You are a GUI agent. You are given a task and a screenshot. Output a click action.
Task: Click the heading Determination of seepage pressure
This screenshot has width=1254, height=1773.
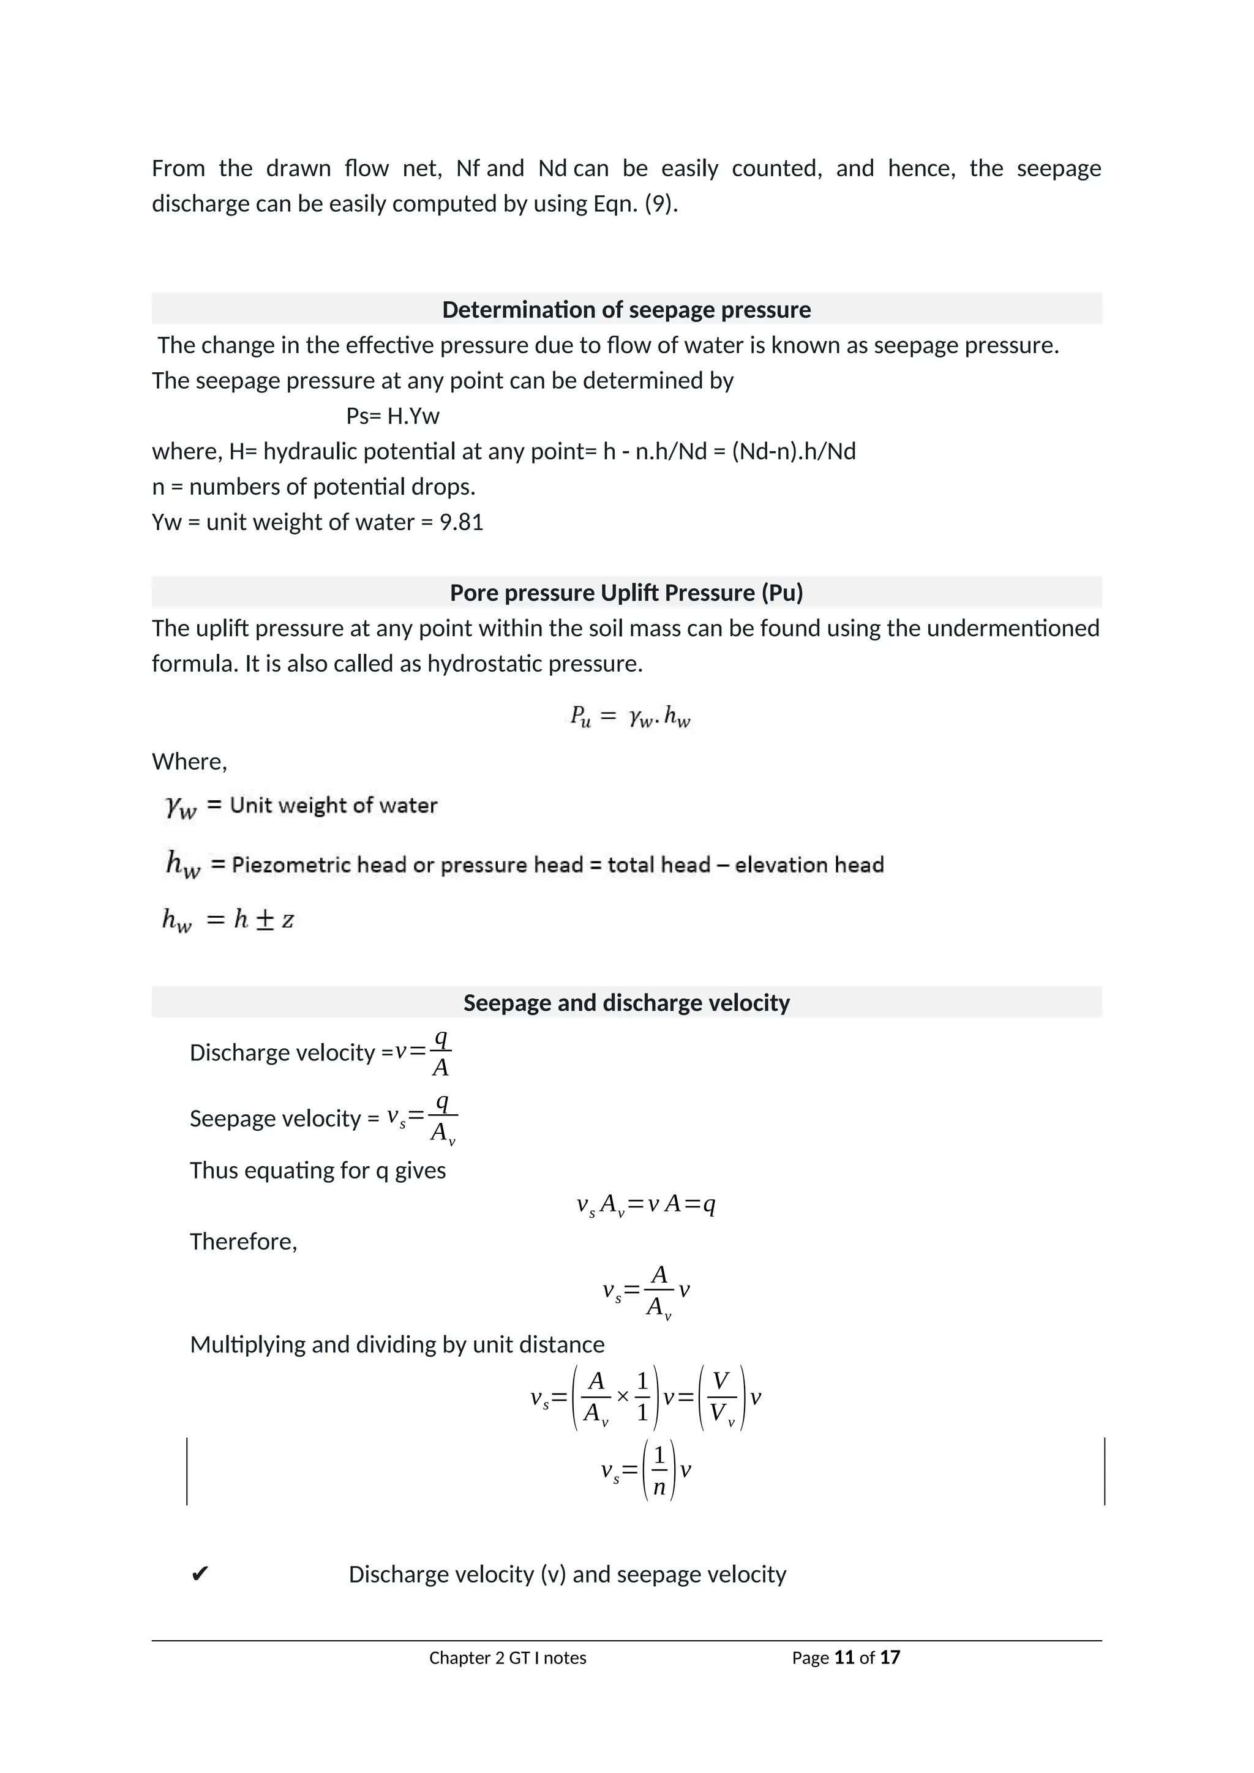pyautogui.click(x=626, y=310)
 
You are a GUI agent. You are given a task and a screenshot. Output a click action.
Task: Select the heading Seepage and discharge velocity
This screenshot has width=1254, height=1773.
pyautogui.click(x=626, y=1002)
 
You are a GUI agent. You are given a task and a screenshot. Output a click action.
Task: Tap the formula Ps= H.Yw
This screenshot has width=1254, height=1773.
pyautogui.click(x=392, y=416)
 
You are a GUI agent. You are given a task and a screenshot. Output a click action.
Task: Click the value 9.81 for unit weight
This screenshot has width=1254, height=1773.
pyautogui.click(x=461, y=522)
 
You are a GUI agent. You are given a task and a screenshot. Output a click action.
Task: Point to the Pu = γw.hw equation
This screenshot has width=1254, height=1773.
pyautogui.click(x=629, y=718)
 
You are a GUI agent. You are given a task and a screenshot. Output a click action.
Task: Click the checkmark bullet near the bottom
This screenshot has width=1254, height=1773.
pyautogui.click(x=198, y=1574)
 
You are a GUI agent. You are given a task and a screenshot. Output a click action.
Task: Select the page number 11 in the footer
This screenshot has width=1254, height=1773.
pyautogui.click(x=844, y=1657)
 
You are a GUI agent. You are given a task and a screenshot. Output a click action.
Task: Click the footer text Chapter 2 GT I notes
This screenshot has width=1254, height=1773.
pyautogui.click(x=508, y=1658)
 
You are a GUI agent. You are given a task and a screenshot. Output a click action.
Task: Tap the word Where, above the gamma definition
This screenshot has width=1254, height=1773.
pyautogui.click(x=189, y=762)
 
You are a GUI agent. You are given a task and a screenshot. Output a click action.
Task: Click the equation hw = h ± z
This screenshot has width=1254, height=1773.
pyautogui.click(x=228, y=920)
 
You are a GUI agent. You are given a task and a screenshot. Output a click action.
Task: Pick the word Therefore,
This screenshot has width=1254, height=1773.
pyautogui.click(x=243, y=1241)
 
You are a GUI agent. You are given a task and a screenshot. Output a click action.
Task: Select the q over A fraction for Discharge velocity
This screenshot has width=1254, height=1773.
pyautogui.click(x=440, y=1052)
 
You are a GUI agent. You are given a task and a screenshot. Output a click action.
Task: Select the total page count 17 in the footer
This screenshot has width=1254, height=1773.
pyautogui.click(x=890, y=1657)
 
